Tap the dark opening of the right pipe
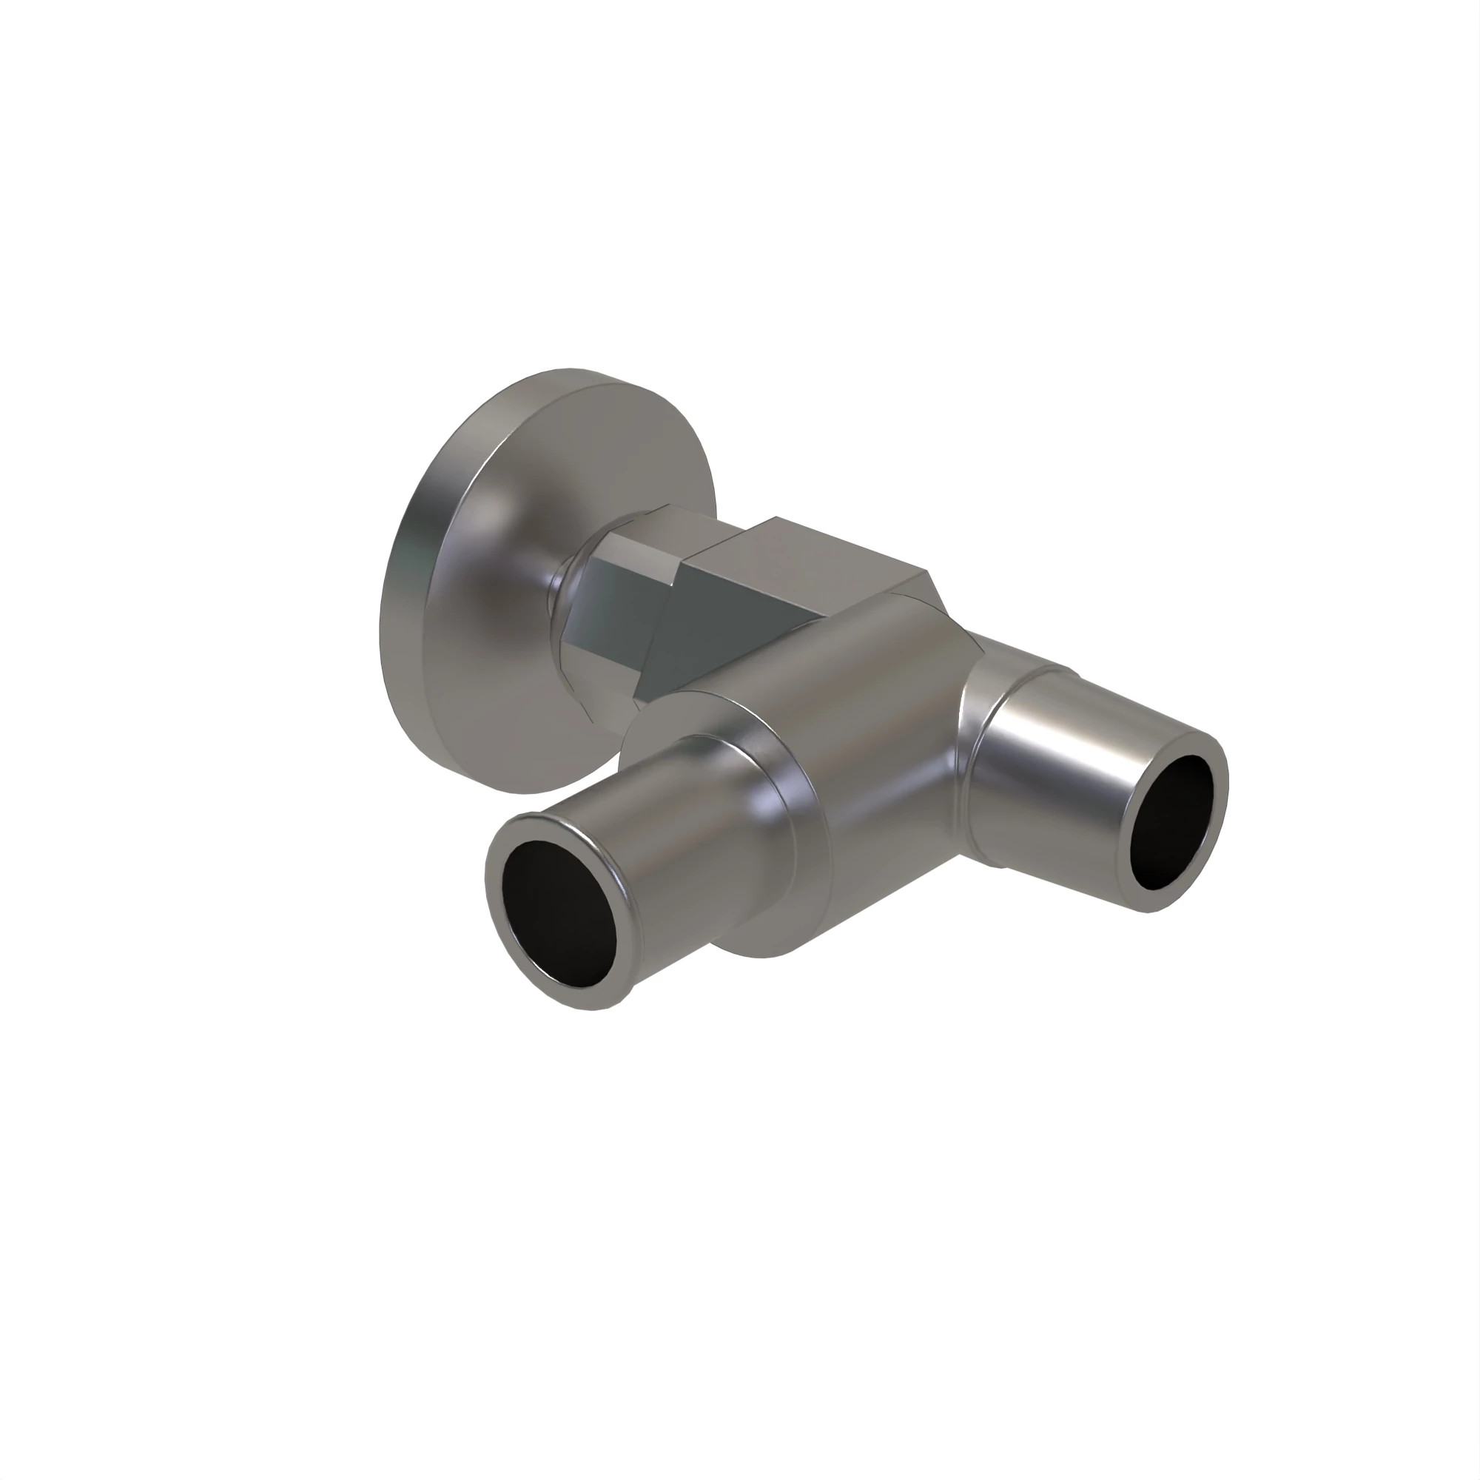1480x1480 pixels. [1172, 824]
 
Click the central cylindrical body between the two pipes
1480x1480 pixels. [873, 727]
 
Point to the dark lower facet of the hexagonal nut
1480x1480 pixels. [605, 636]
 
